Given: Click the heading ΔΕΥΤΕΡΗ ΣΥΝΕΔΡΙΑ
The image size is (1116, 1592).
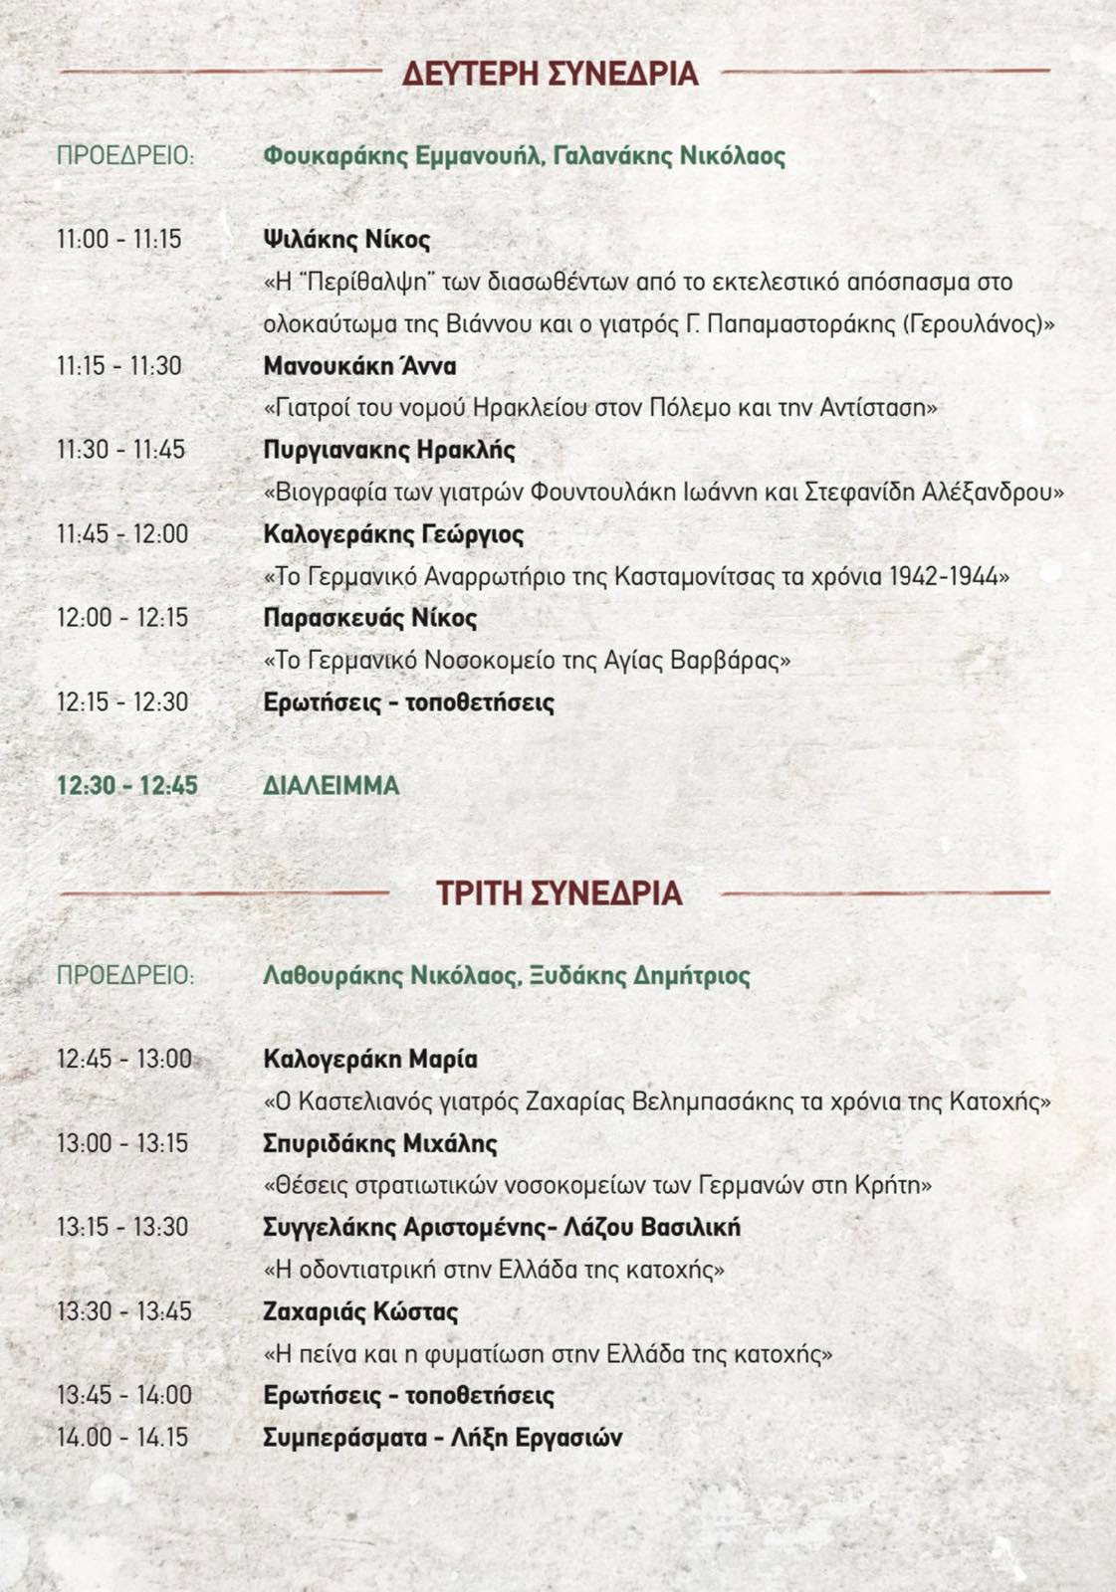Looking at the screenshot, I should pyautogui.click(x=550, y=74).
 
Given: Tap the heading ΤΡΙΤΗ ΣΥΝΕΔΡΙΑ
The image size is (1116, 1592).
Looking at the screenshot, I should pyautogui.click(x=558, y=894).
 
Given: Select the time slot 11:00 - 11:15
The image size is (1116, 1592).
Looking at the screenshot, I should pyautogui.click(x=119, y=240).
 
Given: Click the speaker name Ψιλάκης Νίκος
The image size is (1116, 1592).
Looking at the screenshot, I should pyautogui.click(x=346, y=240).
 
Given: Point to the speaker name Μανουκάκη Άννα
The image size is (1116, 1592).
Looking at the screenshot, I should pyautogui.click(x=359, y=366).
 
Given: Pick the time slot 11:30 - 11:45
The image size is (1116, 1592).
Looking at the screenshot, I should pyautogui.click(x=120, y=450).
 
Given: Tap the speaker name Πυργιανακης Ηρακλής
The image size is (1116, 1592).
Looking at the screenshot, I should pyautogui.click(x=389, y=450).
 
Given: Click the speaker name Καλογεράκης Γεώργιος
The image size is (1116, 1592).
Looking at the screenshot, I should pyautogui.click(x=393, y=534).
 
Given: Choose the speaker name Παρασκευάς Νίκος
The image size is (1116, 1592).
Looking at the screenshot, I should pyautogui.click(x=370, y=618).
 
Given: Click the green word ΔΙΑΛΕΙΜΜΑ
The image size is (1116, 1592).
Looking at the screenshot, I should pyautogui.click(x=332, y=786).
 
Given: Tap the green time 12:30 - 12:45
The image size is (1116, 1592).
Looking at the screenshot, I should pyautogui.click(x=127, y=786).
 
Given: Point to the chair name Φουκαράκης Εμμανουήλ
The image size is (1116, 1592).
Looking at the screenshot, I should pyautogui.click(x=402, y=156).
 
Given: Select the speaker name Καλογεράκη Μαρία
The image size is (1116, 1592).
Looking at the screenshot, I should pyautogui.click(x=370, y=1060).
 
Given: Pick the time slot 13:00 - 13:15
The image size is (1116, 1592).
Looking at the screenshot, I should pyautogui.click(x=122, y=1143).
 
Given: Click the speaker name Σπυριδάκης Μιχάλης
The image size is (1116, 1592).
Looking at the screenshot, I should pyautogui.click(x=380, y=1143).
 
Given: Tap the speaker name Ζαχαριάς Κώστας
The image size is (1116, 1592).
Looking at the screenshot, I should pyautogui.click(x=360, y=1311).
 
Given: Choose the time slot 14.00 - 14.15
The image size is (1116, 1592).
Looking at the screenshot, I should pyautogui.click(x=122, y=1438).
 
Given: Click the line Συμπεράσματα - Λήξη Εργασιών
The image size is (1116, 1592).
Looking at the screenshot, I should pyautogui.click(x=443, y=1438).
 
